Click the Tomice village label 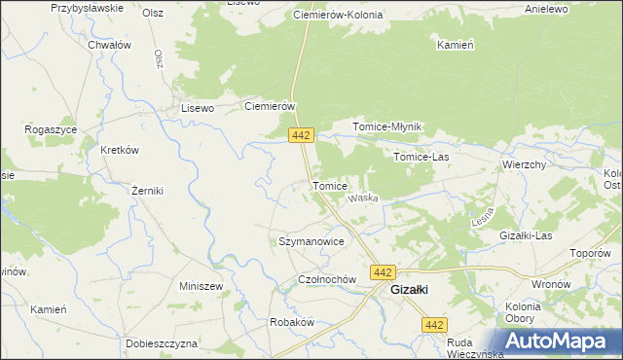(329, 185)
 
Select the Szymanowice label (311, 240)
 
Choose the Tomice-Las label (421, 156)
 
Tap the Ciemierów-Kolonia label (338, 17)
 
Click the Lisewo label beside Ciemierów (198, 109)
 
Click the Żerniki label (147, 191)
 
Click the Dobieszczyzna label (162, 343)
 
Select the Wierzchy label (524, 164)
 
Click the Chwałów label (109, 45)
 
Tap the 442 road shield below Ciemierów (300, 134)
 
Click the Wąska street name (363, 198)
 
